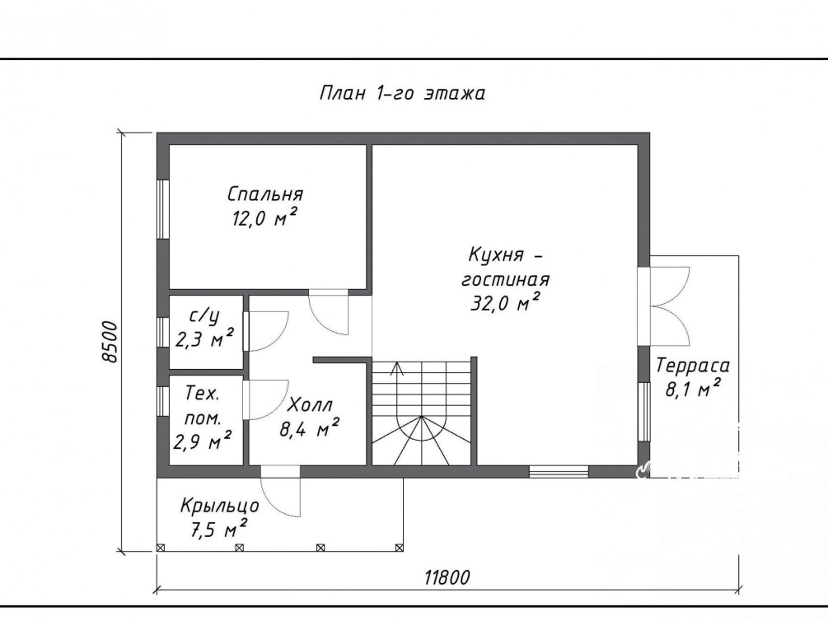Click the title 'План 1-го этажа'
coord(402,93)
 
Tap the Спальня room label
coord(265,194)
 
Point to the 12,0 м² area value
coord(264,217)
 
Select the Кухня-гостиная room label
coord(505,267)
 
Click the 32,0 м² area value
coord(505,302)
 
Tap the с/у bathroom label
coord(203,317)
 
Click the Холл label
coord(311,405)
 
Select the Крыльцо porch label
coord(220,506)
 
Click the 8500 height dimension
coord(110,341)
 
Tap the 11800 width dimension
coord(447,577)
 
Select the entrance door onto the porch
coord(281,491)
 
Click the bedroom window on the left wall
coord(162,210)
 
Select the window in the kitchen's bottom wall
coord(559,472)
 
